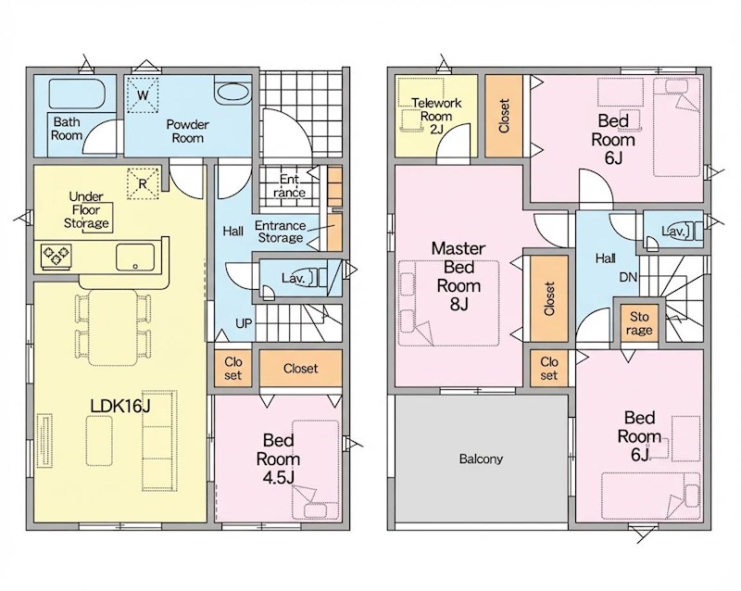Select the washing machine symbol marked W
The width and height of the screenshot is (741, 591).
click(x=144, y=94)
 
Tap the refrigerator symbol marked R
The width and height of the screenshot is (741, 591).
click(x=144, y=183)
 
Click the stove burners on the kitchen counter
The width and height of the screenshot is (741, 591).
click(x=57, y=257)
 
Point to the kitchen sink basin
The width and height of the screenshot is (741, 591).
click(x=135, y=257)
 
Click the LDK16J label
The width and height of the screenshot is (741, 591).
click(x=120, y=405)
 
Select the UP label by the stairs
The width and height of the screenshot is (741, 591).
click(x=244, y=324)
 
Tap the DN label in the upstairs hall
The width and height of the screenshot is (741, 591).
click(x=628, y=277)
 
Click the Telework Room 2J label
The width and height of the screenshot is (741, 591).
click(x=436, y=116)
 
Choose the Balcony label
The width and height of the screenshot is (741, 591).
click(x=481, y=459)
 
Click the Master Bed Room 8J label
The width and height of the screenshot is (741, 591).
click(x=458, y=276)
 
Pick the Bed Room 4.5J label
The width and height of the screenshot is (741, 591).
click(x=279, y=459)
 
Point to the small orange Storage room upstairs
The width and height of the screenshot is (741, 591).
click(x=639, y=323)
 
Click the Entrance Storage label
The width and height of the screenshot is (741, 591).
click(x=281, y=232)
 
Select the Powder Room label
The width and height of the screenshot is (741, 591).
click(x=188, y=132)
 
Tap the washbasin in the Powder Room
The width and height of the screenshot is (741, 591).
click(x=232, y=92)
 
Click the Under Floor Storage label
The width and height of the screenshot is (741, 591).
click(x=86, y=210)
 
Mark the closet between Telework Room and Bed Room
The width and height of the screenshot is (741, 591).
click(x=504, y=116)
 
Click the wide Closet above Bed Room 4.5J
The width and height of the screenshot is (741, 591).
click(x=300, y=369)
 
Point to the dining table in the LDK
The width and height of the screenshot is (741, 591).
click(x=113, y=327)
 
